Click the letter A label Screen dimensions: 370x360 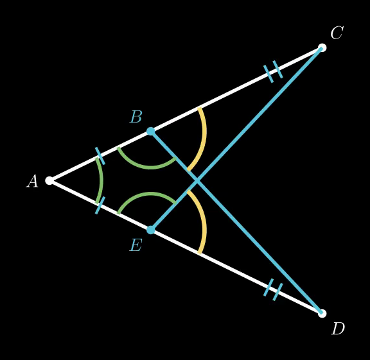point(32,181)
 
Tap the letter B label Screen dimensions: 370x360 point(136,117)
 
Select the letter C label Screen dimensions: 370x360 point(337,32)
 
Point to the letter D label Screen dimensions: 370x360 point(338,329)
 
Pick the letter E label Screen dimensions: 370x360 point(136,245)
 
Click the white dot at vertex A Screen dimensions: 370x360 point(49,180)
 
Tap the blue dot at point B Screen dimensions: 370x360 point(151,131)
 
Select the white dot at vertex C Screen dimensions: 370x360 point(322,48)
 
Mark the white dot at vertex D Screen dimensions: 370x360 point(322,314)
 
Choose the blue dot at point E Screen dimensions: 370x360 point(151,230)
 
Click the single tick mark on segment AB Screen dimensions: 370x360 point(100,156)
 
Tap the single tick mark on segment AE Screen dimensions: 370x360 point(100,205)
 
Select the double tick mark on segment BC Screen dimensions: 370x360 point(273,72)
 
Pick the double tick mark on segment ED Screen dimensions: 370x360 point(273,289)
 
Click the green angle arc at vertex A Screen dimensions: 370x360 point(101,180)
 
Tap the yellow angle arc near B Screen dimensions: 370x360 point(204,139)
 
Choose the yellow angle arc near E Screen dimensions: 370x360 point(204,222)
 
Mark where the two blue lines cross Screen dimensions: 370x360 point(197,180)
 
